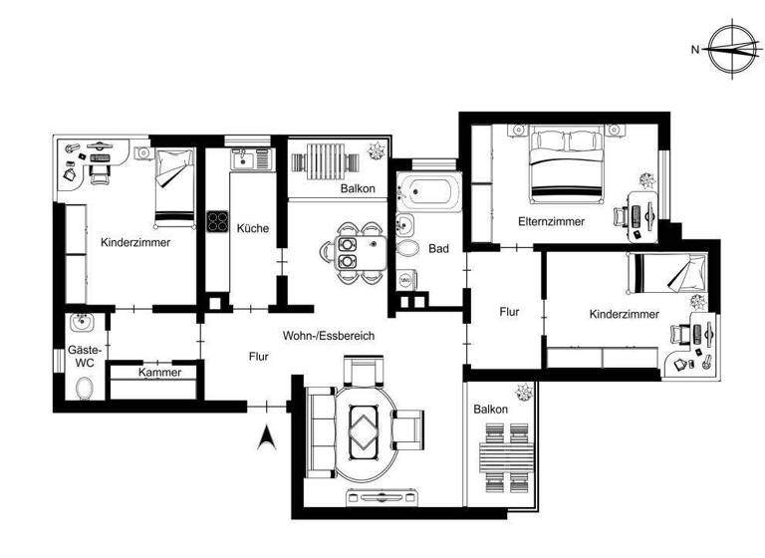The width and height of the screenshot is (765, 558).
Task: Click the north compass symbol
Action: tap(732, 47)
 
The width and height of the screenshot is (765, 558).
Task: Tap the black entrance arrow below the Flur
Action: tap(266, 437)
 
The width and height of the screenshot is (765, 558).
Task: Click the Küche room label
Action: tap(252, 228)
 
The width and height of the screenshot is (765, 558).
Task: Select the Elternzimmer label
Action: tap(551, 221)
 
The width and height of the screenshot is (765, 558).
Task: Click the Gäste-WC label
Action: tap(81, 356)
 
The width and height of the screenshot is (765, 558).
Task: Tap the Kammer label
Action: tap(159, 373)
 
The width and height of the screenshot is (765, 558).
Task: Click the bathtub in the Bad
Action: tap(428, 190)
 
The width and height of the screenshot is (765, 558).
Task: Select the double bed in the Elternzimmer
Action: tap(566, 164)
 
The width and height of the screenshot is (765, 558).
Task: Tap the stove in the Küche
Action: tap(218, 222)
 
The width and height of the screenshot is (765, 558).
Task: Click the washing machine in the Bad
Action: tap(406, 281)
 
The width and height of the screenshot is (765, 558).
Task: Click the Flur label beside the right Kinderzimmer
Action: tap(509, 312)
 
